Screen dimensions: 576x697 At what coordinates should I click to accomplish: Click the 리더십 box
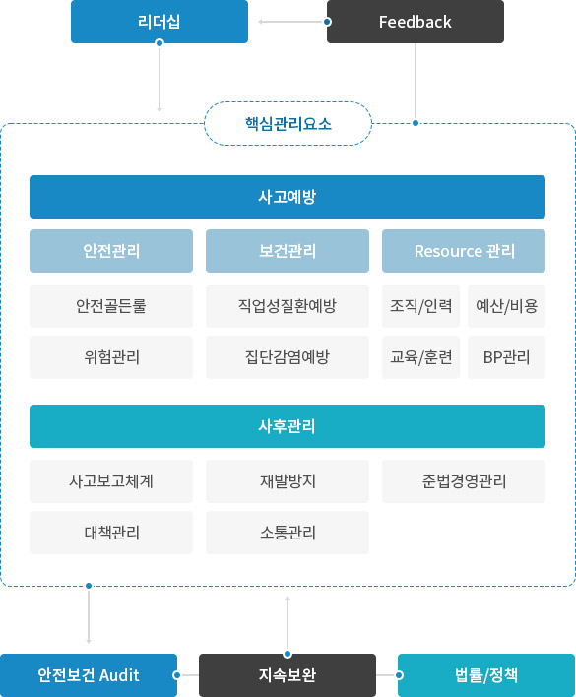point(160,22)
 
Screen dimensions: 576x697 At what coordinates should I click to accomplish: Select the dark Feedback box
point(416,22)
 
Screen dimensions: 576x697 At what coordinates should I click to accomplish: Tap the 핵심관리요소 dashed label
point(288,124)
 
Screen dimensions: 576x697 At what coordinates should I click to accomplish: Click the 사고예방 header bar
point(288,197)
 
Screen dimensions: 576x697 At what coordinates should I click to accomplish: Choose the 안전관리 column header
point(111,251)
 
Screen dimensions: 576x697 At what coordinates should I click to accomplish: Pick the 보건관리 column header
point(288,251)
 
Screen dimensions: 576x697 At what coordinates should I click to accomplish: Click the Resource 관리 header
point(464,251)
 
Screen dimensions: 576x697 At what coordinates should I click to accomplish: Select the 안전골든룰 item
point(111,306)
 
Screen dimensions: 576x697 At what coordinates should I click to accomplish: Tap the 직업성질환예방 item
point(288,306)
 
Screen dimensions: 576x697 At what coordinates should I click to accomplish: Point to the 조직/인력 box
point(420,306)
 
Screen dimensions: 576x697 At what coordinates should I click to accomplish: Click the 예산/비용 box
point(507,306)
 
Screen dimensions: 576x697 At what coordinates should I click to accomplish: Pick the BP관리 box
point(507,357)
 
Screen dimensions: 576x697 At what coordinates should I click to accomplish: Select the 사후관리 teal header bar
point(288,426)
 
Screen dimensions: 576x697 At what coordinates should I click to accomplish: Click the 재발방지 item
point(288,481)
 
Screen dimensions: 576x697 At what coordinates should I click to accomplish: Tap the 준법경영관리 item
point(464,481)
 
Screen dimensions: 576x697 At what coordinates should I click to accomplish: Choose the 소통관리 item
point(288,533)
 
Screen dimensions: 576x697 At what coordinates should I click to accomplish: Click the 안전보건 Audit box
point(89,675)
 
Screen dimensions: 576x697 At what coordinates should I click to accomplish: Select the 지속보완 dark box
point(288,675)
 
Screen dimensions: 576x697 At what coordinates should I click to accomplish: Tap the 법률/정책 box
point(486,675)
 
